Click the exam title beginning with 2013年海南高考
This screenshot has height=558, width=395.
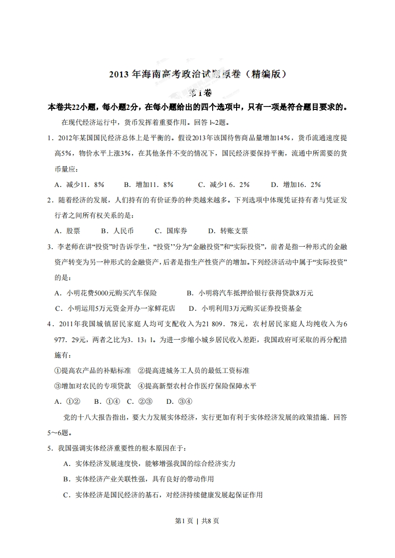[x=197, y=75]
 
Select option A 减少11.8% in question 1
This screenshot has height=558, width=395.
[x=79, y=185]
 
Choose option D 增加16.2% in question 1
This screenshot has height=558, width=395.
[x=296, y=185]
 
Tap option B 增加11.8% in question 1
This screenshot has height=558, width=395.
[x=148, y=185]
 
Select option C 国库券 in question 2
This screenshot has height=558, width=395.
[x=171, y=231]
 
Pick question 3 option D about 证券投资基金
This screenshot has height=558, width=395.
[x=246, y=308]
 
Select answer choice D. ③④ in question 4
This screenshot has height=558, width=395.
[x=179, y=401]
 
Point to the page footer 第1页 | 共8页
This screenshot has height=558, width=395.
[x=197, y=521]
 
